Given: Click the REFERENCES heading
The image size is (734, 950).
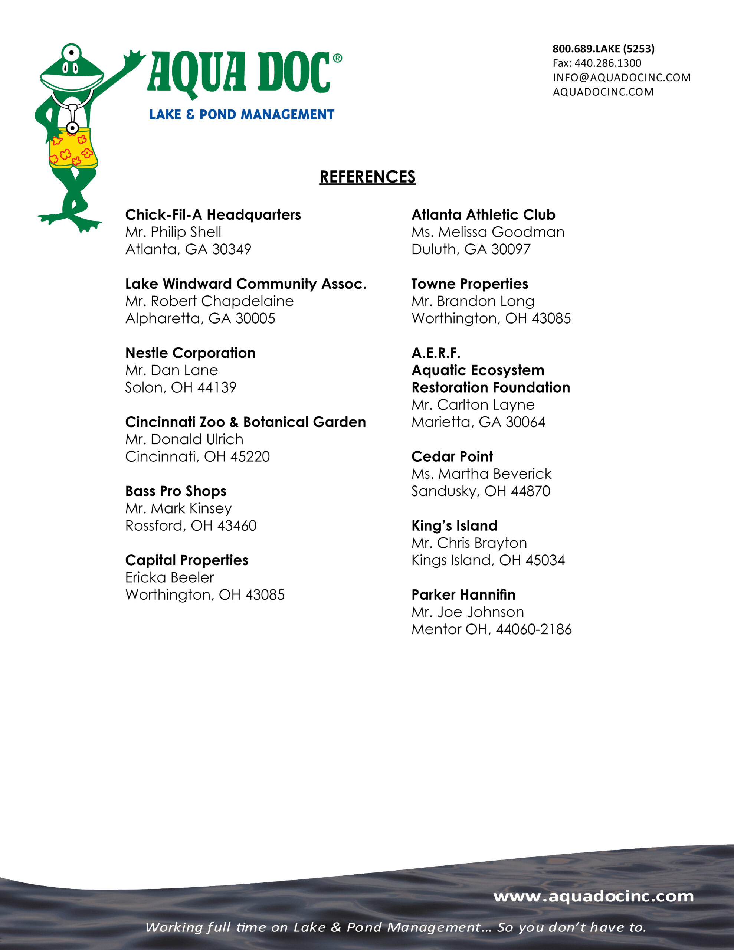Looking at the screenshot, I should click(367, 177).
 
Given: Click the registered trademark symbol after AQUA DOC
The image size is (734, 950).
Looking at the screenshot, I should click(337, 58).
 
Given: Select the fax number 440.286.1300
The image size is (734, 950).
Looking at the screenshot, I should click(607, 63).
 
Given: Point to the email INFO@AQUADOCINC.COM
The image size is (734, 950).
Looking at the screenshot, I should click(621, 78).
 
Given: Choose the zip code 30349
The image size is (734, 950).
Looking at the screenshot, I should click(232, 249).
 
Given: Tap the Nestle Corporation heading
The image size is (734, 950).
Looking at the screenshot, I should click(190, 353).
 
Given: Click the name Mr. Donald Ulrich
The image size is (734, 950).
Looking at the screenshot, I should click(184, 439).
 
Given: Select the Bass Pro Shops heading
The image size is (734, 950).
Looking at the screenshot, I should click(176, 491).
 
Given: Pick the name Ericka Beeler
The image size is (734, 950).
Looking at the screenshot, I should click(169, 577).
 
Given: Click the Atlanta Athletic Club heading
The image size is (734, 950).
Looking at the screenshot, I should click(484, 214).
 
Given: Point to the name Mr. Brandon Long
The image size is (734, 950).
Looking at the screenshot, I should click(473, 301).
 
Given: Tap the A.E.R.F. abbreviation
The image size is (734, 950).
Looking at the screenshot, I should click(436, 353).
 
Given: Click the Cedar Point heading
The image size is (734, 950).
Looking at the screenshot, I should click(452, 456).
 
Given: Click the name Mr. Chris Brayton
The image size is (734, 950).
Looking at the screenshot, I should click(469, 543).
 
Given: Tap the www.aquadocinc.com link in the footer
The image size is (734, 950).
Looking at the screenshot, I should click(593, 896).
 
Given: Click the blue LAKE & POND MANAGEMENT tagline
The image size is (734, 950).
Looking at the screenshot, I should click(242, 114).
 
